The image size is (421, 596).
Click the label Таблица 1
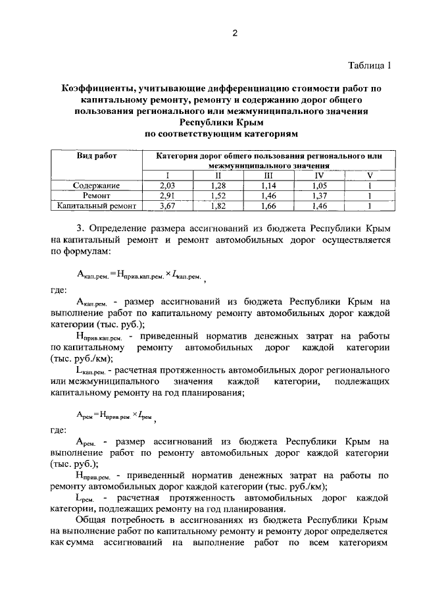369,65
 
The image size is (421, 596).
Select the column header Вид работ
96,156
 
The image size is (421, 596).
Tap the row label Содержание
96,186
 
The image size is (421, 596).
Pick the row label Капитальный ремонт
96,205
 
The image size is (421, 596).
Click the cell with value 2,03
168,186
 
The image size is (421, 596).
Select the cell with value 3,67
168,205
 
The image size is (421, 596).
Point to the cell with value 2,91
168,196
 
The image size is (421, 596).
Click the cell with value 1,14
269,186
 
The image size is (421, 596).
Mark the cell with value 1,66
269,205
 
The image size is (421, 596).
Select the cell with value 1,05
319,186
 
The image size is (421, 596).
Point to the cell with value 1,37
319,196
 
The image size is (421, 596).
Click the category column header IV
319,175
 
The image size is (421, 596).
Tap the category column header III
269,175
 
